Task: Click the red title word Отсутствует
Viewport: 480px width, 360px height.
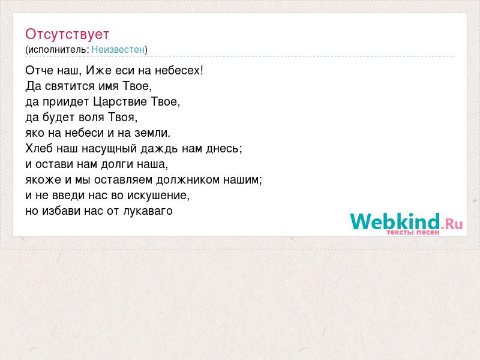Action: pyautogui.click(x=67, y=34)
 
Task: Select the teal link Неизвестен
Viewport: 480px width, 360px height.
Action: pyautogui.click(x=118, y=49)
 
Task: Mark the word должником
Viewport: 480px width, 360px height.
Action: pyautogui.click(x=188, y=180)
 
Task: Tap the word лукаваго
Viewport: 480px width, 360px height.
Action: pyautogui.click(x=148, y=211)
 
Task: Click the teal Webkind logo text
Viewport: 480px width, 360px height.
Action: pyautogui.click(x=395, y=221)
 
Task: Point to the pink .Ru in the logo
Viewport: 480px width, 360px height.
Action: pyautogui.click(x=452, y=224)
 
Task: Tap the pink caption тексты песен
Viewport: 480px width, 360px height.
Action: pyautogui.click(x=413, y=232)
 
